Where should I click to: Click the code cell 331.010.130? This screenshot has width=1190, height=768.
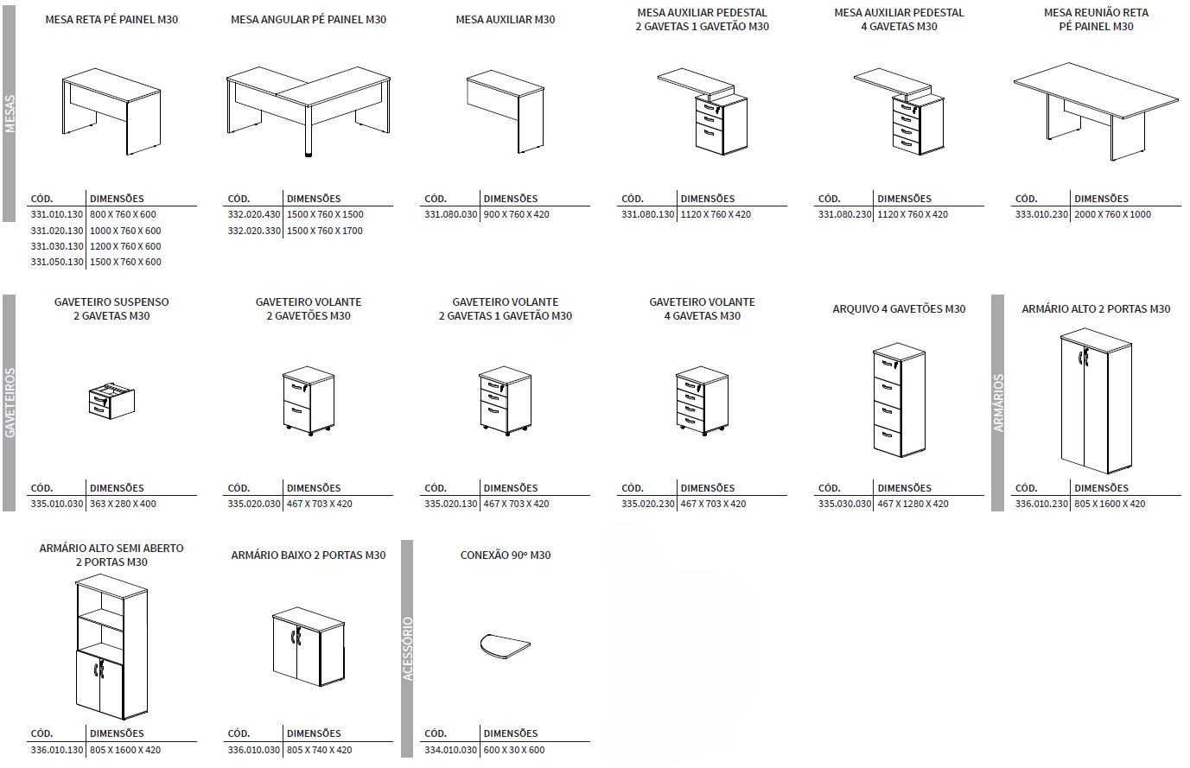point(57,215)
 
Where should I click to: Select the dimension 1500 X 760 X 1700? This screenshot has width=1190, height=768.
point(325,231)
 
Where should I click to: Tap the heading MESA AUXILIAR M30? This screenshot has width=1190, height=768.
point(506,20)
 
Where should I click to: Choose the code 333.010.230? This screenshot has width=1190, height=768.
point(1041,215)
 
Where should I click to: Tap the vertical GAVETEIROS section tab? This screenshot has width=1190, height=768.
point(10,403)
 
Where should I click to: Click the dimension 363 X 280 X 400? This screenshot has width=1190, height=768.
point(123,505)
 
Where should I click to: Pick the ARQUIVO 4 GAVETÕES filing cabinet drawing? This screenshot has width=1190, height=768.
point(899,401)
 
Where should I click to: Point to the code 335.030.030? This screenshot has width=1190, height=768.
point(844,505)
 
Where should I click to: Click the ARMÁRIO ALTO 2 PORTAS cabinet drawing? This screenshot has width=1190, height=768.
point(1096,401)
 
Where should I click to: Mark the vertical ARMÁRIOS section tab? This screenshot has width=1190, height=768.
point(998,403)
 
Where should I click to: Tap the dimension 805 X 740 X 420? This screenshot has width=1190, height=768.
point(320,751)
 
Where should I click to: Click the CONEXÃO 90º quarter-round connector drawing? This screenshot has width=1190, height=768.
point(505,645)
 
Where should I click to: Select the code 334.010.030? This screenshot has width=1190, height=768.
point(450,751)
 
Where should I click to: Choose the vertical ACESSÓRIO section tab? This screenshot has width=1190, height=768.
point(408,648)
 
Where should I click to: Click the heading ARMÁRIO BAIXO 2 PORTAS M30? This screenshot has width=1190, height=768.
point(309,555)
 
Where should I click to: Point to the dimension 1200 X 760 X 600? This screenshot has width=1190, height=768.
point(125,247)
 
